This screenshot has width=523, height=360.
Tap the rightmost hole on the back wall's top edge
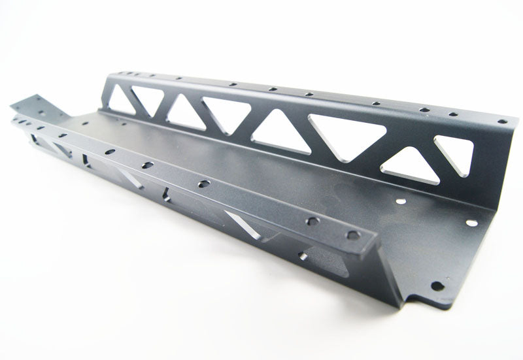click(501, 121)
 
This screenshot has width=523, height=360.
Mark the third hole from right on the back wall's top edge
click(424, 110)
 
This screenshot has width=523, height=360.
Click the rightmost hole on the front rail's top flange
click(353, 235)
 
